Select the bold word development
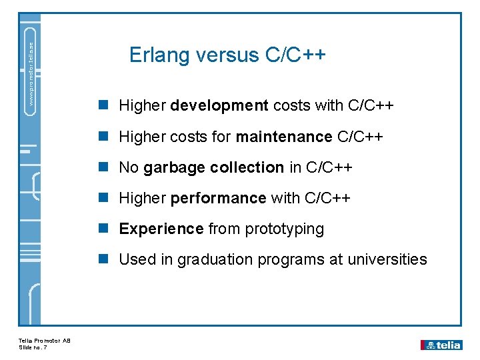(x=219, y=105)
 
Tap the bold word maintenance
(x=284, y=137)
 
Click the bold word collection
(x=247, y=167)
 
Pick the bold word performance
(x=219, y=198)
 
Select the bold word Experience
(x=161, y=229)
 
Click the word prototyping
(x=285, y=229)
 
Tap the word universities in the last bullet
(x=387, y=259)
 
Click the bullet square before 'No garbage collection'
(x=103, y=167)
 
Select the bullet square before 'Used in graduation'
(x=103, y=259)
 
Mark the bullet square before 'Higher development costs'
(x=103, y=105)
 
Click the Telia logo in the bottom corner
(x=441, y=345)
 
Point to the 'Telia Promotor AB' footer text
(x=45, y=341)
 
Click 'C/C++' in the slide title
(x=295, y=55)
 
